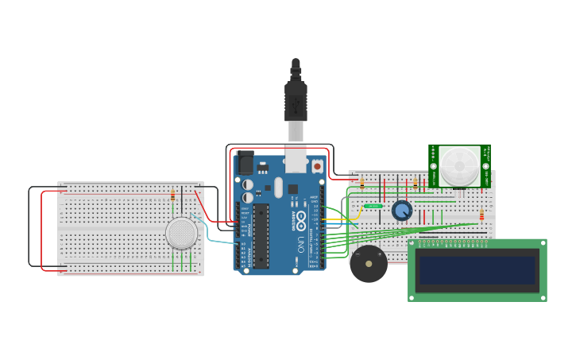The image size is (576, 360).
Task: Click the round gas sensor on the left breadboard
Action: tap(181, 233)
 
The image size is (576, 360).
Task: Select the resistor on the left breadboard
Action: tap(173, 195)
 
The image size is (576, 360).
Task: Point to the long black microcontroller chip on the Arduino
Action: tap(261, 236)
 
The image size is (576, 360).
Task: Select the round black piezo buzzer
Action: tap(369, 264)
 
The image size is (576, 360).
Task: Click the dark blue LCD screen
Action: tap(477, 270)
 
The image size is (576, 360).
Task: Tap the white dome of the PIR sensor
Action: tap(460, 165)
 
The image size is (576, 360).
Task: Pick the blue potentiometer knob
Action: tap(402, 211)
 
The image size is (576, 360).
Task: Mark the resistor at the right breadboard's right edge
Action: tap(481, 215)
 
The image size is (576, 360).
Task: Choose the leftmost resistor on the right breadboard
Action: tap(362, 184)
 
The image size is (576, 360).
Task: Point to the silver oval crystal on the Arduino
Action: tap(278, 188)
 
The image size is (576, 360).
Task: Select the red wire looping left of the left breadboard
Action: tap(41, 230)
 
